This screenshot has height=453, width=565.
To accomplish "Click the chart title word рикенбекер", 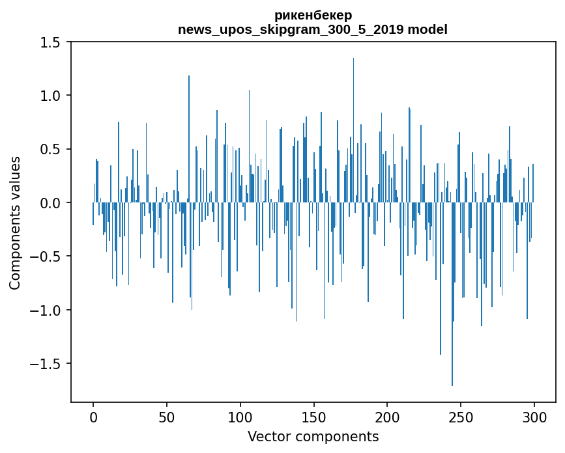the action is pos(313,16).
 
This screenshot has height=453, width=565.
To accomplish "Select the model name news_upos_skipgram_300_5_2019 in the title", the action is pos(291,29).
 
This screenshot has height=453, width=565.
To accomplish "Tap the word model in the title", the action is pos(427,29).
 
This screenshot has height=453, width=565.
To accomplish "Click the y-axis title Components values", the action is pos(15,223).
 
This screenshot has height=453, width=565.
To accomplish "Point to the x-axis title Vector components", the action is pos(313,437).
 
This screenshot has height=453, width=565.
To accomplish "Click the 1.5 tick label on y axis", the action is pos(50,42).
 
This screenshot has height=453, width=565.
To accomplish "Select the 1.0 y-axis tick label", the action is pos(50,96).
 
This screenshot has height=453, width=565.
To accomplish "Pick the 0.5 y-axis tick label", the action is pos(50,149).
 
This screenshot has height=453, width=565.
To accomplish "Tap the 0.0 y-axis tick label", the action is pos(50,203).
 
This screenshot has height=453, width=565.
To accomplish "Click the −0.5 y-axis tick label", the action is pos(46,256).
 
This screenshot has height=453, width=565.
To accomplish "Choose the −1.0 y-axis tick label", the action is pos(46,310).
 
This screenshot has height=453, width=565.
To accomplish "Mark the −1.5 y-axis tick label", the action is pos(46,364).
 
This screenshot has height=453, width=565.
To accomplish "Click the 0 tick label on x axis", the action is pos(93,418).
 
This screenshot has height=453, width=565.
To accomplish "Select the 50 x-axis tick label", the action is pos(167,418).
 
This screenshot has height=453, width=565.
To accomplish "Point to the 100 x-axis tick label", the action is pos(240,418).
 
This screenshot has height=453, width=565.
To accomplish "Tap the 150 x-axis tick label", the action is pos(314,418).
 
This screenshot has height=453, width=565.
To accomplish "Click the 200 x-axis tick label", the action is pos(387,418).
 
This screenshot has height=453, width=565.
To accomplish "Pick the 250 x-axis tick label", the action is pos(461,418).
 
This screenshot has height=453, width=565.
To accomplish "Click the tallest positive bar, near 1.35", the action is pos(353,130).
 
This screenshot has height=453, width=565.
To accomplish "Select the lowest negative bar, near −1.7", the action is pos(452,294).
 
